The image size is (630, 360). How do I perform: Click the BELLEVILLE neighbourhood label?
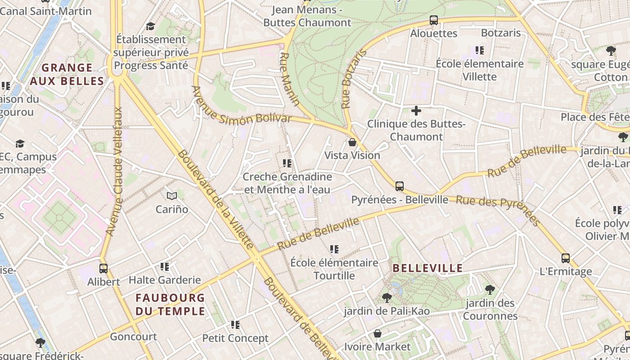427,269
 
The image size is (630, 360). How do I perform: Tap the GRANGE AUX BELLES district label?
67,75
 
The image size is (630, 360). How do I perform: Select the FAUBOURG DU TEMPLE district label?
170,304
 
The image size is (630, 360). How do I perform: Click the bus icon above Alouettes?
434,20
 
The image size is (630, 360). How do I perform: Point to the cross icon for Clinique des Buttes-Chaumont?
416,110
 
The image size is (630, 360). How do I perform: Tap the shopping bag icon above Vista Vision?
352,142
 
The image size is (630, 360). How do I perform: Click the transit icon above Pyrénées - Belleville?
399,186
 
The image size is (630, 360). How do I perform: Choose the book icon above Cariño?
172,196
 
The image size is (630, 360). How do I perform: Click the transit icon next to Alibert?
103,269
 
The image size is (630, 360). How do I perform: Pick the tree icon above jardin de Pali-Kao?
387,297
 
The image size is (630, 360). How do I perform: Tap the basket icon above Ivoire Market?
378,333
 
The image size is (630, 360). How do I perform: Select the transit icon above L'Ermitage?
566,258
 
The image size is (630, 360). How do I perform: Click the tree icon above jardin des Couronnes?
490,289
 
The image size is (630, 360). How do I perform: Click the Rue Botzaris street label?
354,79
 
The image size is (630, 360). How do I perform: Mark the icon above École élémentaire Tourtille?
334,249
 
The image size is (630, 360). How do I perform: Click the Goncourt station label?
133,337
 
